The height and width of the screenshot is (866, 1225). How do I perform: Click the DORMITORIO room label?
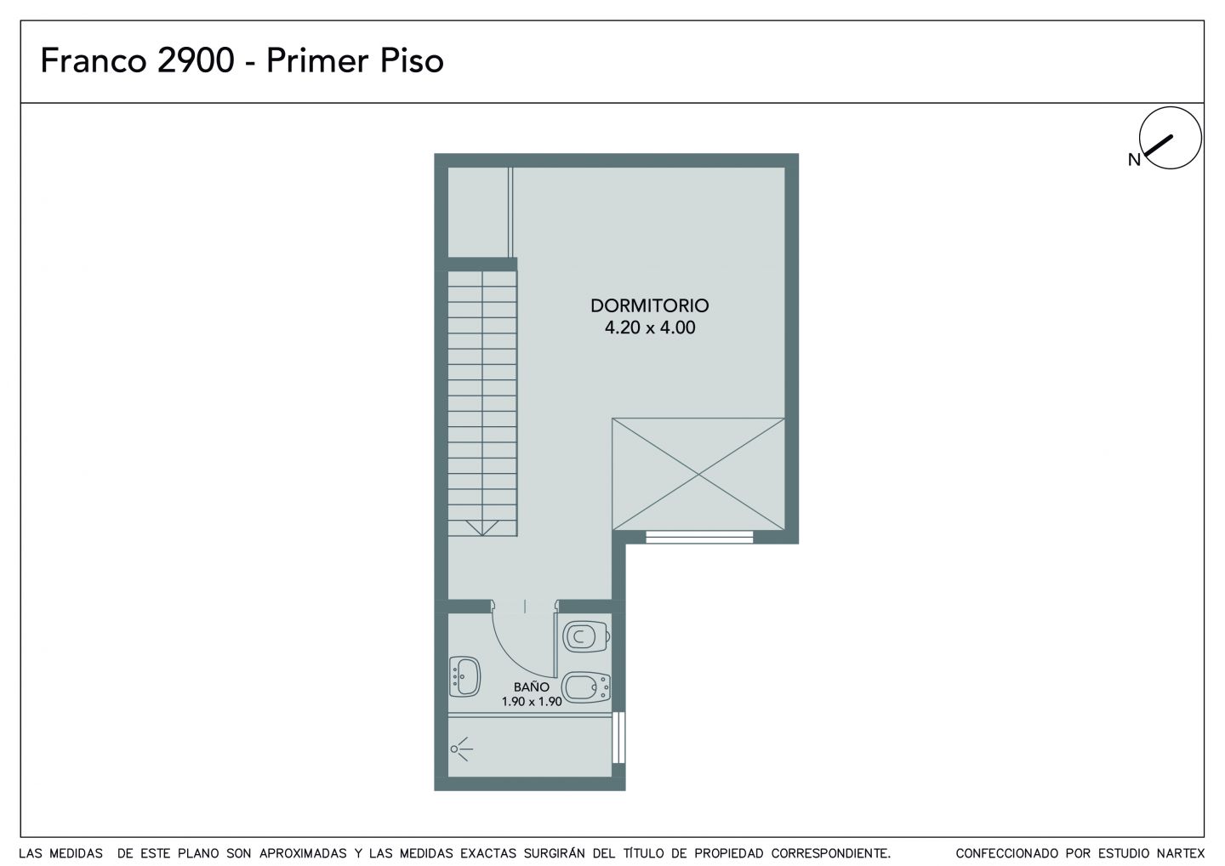pos(650,305)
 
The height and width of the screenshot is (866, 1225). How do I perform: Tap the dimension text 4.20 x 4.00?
pos(650,328)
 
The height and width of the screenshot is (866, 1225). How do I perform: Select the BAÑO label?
pos(532,687)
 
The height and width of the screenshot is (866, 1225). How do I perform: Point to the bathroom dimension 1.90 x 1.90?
pos(532,702)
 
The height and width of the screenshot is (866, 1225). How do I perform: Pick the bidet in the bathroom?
pos(586,687)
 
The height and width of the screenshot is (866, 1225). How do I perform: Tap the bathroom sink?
pos(464,677)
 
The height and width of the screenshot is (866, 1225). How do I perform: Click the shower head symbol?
pos(461,749)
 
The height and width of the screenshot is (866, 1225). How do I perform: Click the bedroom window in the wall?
pos(699,538)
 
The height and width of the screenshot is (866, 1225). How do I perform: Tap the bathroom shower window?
pos(618,738)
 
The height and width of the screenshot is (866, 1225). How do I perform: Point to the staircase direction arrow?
pos(482,527)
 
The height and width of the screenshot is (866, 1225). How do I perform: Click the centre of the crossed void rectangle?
pos(698,474)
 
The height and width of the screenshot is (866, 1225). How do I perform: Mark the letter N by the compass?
pos(1134,160)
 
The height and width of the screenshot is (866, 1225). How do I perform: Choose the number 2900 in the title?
pos(196,60)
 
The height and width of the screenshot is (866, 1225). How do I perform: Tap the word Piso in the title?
pos(412,60)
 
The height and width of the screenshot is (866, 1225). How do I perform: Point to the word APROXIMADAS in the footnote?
pos(303,853)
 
